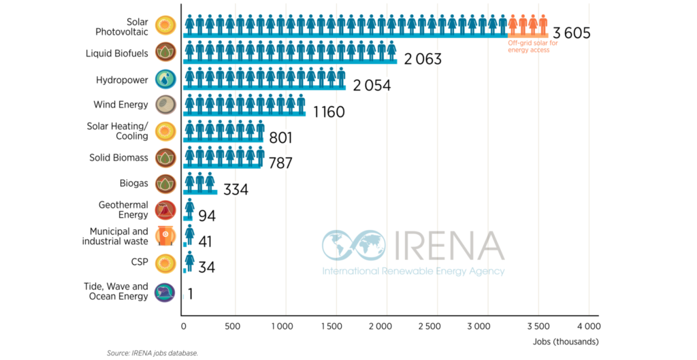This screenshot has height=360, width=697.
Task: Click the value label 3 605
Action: pos(571,33)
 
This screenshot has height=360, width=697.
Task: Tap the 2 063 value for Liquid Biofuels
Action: pos(423,59)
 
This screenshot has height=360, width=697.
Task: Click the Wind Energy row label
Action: pos(120,105)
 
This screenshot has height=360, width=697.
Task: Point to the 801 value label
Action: pos(280,138)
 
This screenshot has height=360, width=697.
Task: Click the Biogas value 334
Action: pos(236,189)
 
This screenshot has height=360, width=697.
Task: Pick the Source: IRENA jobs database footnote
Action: pos(152,353)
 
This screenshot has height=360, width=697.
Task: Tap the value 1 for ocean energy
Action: pos(191,294)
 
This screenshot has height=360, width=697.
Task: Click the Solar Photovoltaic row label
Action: pos(121,27)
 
